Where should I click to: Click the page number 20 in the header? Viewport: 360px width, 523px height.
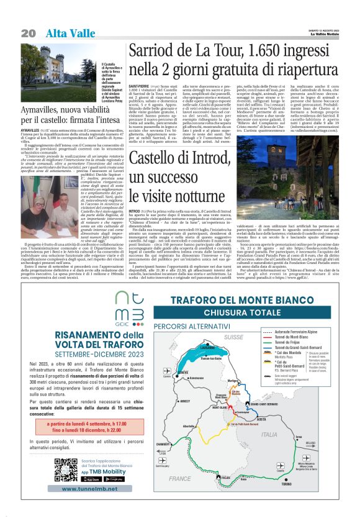coord(28,32)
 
